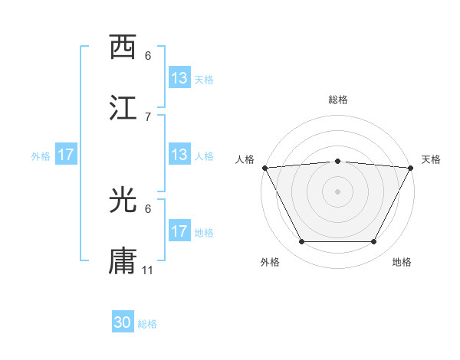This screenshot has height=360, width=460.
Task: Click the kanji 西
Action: point(123,47)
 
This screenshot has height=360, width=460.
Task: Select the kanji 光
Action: point(123,200)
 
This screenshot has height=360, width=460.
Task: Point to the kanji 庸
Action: point(123,260)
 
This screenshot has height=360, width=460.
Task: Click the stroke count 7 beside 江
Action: point(148,116)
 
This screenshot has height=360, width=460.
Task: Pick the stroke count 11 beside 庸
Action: point(149,270)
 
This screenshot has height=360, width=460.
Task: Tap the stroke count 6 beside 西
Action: point(148,56)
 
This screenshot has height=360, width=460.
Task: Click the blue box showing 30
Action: point(123,323)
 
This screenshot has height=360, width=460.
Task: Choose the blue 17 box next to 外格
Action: point(66,155)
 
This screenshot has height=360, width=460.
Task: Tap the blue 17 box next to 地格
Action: point(179,231)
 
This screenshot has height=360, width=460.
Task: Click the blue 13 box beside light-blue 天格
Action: point(179,78)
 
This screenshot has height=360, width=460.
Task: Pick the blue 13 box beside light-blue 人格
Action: point(179,155)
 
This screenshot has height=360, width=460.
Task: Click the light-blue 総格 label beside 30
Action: point(147,324)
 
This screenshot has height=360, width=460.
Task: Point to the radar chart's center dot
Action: point(337,191)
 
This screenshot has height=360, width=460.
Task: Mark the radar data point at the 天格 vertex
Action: point(412,167)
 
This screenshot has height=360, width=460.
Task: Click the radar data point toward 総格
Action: point(337,161)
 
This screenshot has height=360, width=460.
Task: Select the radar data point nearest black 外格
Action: point(301,242)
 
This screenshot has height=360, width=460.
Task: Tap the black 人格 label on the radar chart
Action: point(245,159)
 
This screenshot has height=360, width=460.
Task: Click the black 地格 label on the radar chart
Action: point(402,262)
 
